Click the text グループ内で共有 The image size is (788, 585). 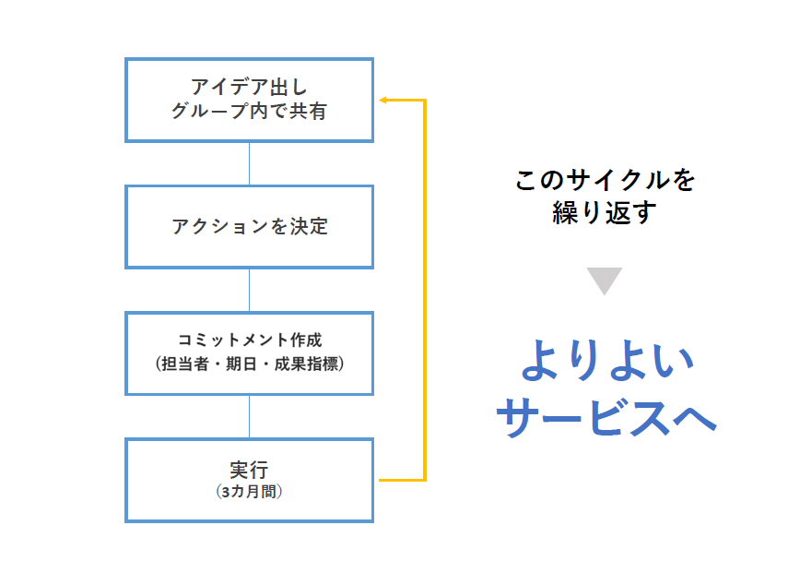pyautogui.click(x=249, y=111)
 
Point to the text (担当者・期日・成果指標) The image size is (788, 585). pyautogui.click(x=249, y=364)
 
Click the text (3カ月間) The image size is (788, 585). pyautogui.click(x=249, y=491)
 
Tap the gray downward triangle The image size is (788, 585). pyautogui.click(x=605, y=280)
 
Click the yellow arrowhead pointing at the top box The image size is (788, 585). pyautogui.click(x=382, y=100)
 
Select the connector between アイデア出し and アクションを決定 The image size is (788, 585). pyautogui.click(x=249, y=163)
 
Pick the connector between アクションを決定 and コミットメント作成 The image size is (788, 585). pyautogui.click(x=249, y=291)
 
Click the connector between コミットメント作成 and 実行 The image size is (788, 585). pyautogui.click(x=249, y=416)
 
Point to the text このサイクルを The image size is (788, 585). pyautogui.click(x=606, y=180)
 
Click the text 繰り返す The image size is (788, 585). pyautogui.click(x=605, y=212)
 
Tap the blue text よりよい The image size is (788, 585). pyautogui.click(x=607, y=360)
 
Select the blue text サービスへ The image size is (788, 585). pyautogui.click(x=606, y=416)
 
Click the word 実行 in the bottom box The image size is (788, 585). pyautogui.click(x=249, y=470)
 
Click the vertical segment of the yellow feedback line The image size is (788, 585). pyautogui.click(x=425, y=291)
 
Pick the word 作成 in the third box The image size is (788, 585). pyautogui.click(x=306, y=340)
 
